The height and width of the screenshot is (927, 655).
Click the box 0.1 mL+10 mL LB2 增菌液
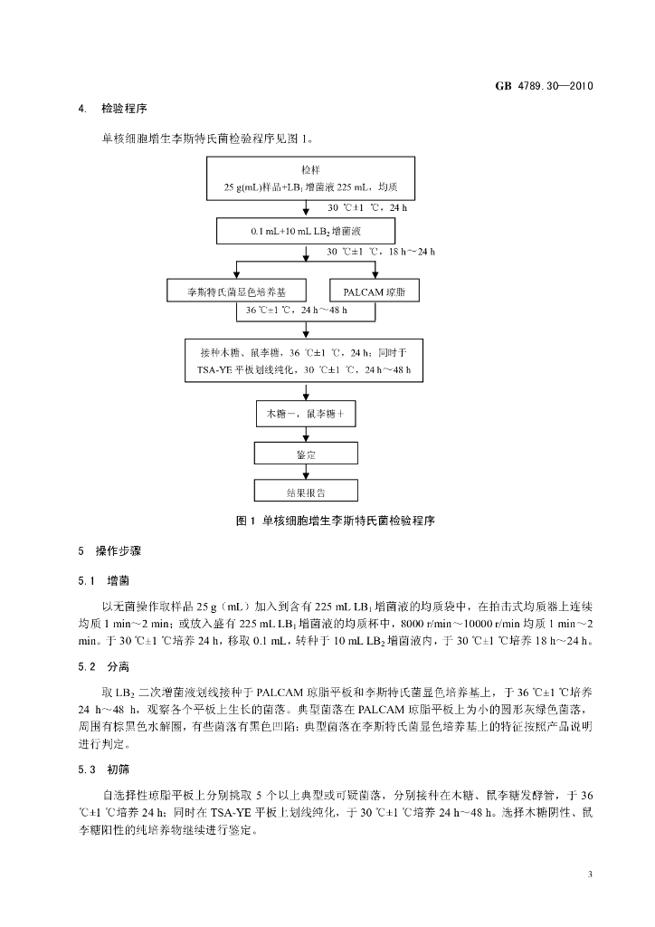[x=307, y=231]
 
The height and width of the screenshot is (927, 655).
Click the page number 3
[x=589, y=874]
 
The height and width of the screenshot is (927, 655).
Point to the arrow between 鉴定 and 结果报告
[x=306, y=473]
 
